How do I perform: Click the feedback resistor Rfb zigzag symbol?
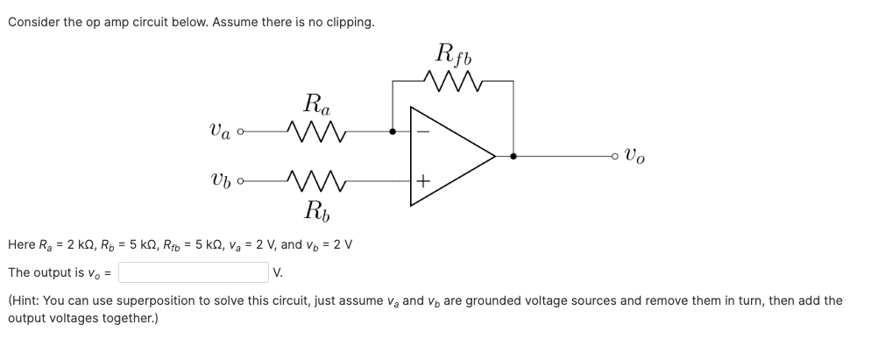coord(453,81)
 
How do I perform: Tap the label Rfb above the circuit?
coord(453,53)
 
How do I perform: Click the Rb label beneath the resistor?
coord(316,210)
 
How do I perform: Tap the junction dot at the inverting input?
coord(393,132)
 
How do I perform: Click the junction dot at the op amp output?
coord(513,157)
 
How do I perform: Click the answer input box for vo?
coord(193,272)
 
